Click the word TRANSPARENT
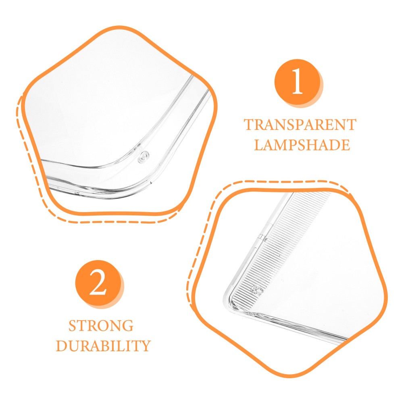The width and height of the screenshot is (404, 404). coord(300,125)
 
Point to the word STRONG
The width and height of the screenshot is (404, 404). coord(101,326)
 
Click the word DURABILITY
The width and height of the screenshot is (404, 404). coord(103,346)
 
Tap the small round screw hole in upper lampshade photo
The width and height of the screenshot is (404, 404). coord(144,157)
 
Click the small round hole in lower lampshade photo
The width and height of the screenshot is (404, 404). coord(256,290)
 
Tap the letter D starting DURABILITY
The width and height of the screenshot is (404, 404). coord(62,346)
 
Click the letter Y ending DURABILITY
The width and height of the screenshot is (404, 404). coord(145,346)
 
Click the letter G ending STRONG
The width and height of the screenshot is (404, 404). coord(128,326)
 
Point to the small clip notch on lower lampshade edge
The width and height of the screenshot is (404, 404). coord(261,237)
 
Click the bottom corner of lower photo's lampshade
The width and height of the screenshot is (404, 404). coord(229,305)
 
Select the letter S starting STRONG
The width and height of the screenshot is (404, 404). coord(73,326)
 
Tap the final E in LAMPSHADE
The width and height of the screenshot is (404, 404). coord(346,145)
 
